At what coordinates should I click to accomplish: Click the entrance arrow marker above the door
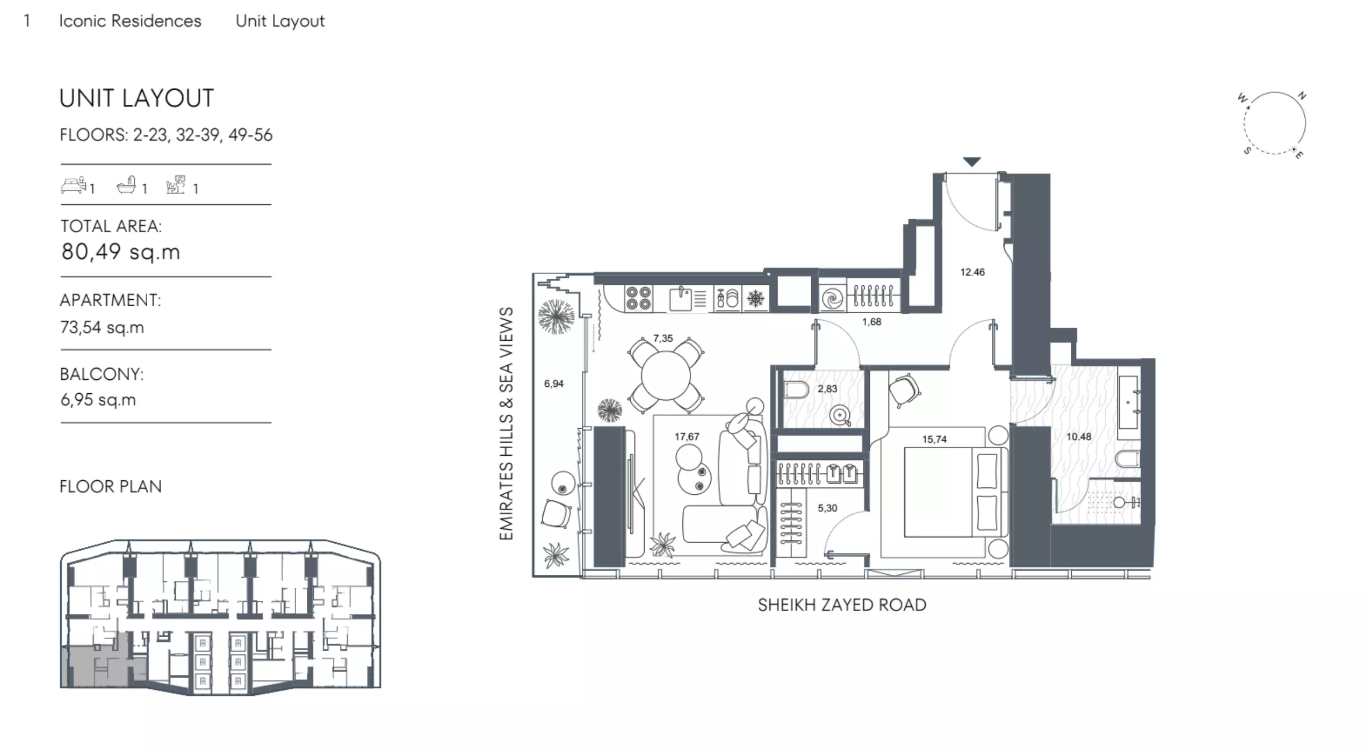coord(972,161)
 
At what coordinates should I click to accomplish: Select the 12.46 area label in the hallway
coord(972,272)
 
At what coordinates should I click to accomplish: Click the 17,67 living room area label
coord(687,437)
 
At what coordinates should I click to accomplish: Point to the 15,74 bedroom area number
coord(934,440)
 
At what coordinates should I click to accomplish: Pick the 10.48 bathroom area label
coord(1078,437)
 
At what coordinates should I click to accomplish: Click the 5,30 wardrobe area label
coord(827,508)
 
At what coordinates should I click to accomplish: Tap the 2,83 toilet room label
coord(827,388)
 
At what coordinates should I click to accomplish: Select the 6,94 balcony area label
coord(553,384)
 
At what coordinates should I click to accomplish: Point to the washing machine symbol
coord(832,299)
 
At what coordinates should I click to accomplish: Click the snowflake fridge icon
coord(755,299)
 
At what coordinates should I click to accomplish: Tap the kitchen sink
coord(681,299)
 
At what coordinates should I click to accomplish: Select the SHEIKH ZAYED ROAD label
coord(842,605)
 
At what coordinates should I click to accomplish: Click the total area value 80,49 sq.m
coord(120,251)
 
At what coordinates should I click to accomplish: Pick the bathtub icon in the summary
coord(126,185)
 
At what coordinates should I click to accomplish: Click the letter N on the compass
coord(1302,96)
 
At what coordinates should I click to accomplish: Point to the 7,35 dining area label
coord(663,339)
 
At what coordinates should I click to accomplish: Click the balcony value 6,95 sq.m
coord(98,400)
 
